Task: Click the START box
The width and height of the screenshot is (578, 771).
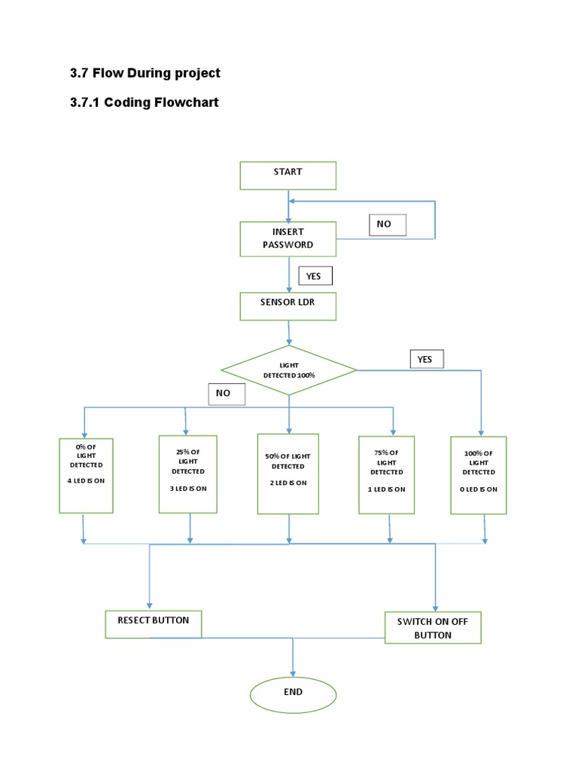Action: pyautogui.click(x=288, y=175)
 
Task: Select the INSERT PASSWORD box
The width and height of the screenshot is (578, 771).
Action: pyautogui.click(x=288, y=239)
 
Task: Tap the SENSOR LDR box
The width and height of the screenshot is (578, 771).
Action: pyautogui.click(x=288, y=306)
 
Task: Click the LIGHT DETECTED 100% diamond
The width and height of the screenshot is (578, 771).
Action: pyautogui.click(x=289, y=370)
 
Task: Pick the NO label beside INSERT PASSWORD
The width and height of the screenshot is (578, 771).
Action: pyautogui.click(x=388, y=224)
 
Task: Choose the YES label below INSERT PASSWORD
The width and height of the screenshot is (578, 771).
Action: pyautogui.click(x=315, y=276)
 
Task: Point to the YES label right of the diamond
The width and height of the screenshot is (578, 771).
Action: pyautogui.click(x=427, y=359)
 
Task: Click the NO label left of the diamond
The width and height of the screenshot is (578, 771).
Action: pyautogui.click(x=227, y=394)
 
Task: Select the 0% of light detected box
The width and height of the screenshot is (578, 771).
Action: pyautogui.click(x=86, y=476)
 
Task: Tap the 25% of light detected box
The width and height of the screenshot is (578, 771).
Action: pyautogui.click(x=187, y=474)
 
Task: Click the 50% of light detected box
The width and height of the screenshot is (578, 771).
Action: pyautogui.click(x=288, y=474)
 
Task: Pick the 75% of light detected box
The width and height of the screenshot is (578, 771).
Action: pyautogui.click(x=386, y=475)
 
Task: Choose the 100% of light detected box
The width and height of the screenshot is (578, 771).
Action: pyautogui.click(x=478, y=476)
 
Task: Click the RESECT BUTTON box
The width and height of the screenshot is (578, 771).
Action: pyautogui.click(x=154, y=624)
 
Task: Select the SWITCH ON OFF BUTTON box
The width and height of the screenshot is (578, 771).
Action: pyautogui.click(x=433, y=627)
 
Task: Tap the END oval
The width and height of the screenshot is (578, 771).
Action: pyautogui.click(x=293, y=695)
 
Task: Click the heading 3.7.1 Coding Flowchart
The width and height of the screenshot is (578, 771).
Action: pyautogui.click(x=144, y=102)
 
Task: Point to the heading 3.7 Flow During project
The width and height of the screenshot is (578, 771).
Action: pyautogui.click(x=145, y=73)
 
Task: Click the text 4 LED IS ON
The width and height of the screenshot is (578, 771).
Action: pyautogui.click(x=86, y=480)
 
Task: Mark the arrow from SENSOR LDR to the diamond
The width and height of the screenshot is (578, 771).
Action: pyautogui.click(x=288, y=333)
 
